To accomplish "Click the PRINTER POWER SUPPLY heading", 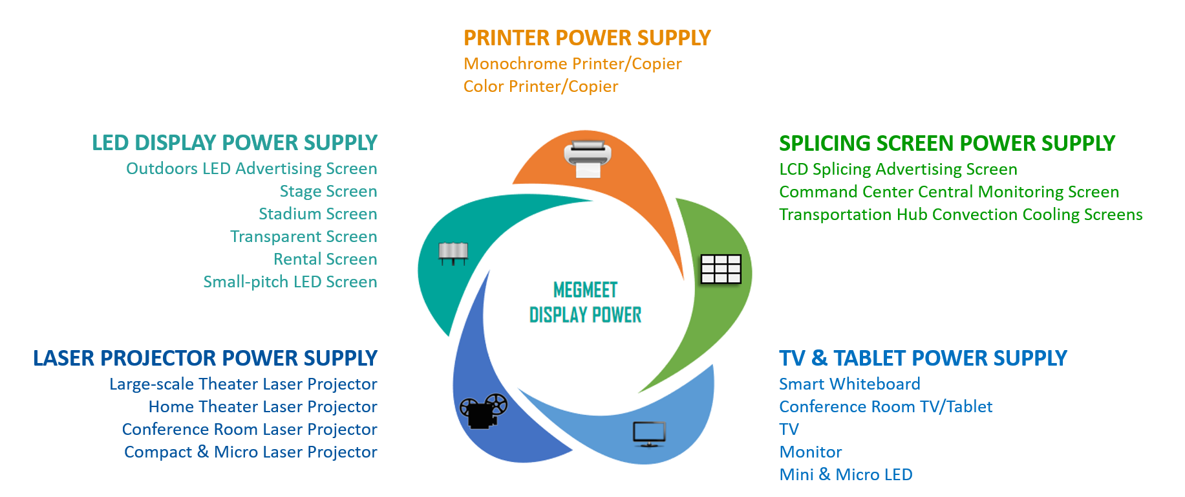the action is pos(587,38).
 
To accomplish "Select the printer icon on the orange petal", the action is pos(588,159).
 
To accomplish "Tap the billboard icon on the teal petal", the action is pos(453,253).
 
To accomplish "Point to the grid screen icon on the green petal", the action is pos(721,269).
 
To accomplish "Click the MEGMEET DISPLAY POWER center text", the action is pos(585,302).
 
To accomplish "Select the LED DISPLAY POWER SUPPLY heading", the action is pos(235,142).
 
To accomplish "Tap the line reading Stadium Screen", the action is pos(318,214).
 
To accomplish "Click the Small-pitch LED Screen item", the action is pos(290,282).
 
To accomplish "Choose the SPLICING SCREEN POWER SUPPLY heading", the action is pos(947,143).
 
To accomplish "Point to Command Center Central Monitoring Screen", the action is pos(949,192).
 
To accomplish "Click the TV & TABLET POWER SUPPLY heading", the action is pos(923,358).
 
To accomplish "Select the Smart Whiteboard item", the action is pos(849,384).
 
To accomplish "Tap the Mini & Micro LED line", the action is pos(846,474).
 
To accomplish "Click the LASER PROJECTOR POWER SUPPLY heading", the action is pos(205,358).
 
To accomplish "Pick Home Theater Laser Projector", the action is pos(263,406).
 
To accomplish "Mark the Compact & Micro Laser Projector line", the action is pos(251,452).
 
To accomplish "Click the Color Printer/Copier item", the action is pos(541,87).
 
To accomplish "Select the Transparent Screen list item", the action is pos(304,237).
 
